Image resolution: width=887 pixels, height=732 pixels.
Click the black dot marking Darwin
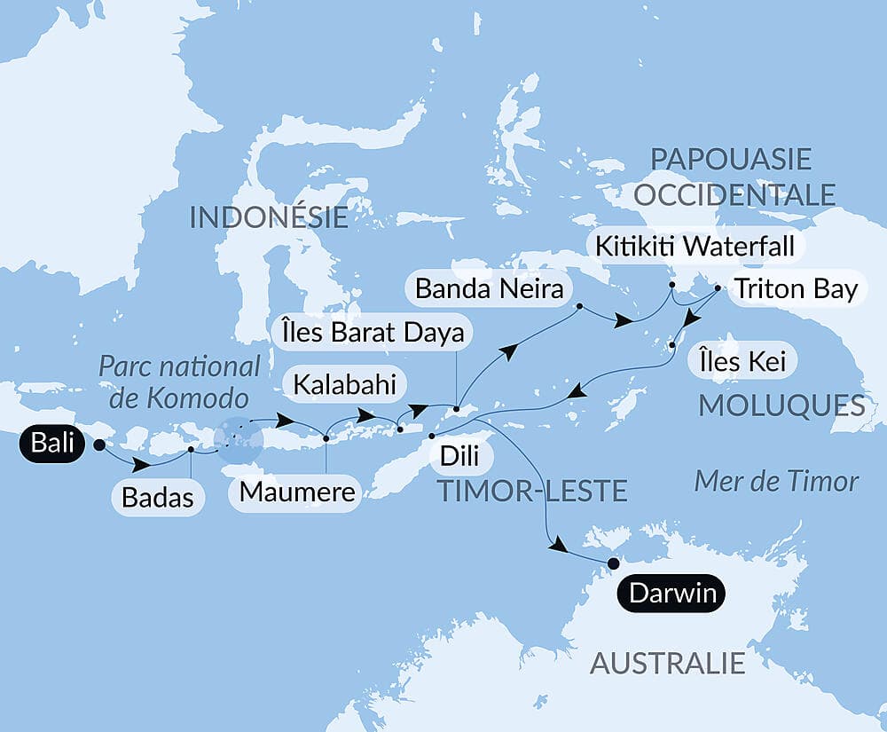tap(612, 563)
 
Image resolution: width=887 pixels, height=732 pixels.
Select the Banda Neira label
tap(487, 289)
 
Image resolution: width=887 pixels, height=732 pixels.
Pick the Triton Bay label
tap(793, 289)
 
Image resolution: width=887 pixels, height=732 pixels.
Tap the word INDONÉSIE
tap(269, 216)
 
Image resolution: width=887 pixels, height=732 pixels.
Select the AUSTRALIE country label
tap(668, 663)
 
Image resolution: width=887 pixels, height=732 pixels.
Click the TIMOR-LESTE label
tap(532, 489)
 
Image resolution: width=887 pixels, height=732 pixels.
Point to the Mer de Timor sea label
tap(776, 481)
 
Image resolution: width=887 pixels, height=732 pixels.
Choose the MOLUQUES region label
tap(781, 406)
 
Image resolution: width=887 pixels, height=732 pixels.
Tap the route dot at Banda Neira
tap(579, 307)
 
